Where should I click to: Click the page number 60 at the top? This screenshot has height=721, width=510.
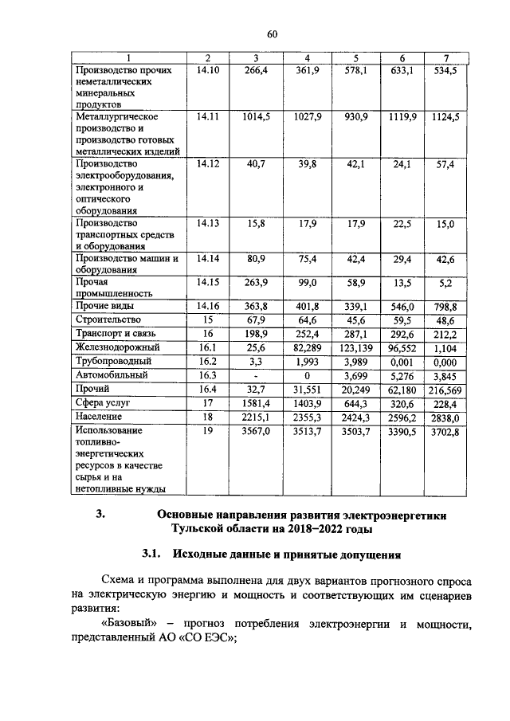[x=272, y=34]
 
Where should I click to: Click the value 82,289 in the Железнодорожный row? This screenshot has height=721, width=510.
[x=307, y=347]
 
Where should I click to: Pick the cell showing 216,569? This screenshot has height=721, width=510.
[x=445, y=390]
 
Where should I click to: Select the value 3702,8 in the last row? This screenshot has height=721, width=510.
[x=445, y=431]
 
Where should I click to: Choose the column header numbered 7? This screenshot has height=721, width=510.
[x=446, y=58]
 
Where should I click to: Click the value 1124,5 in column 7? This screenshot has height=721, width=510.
[x=445, y=116]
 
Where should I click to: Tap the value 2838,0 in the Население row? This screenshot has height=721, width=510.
[x=445, y=417]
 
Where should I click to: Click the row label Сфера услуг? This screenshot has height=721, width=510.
[x=102, y=403]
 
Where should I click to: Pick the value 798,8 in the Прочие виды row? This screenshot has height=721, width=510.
[x=445, y=305]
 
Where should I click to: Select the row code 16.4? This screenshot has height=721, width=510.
[x=207, y=390]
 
